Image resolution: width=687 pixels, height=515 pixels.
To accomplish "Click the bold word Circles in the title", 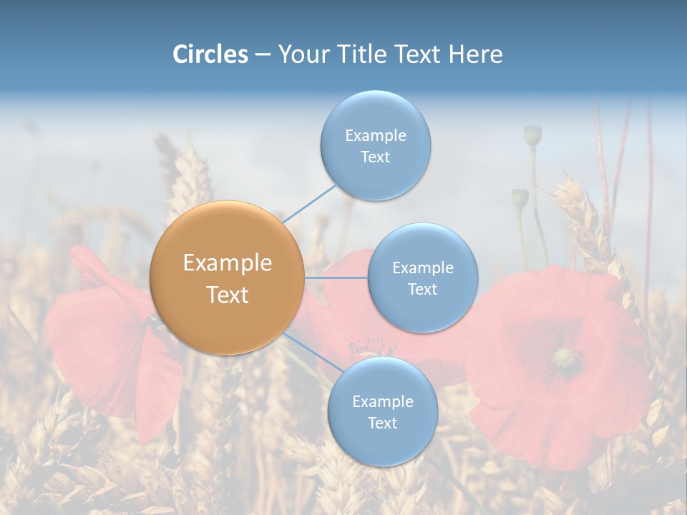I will tap(210, 54).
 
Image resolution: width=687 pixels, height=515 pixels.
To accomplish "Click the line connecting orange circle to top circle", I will tap(309, 204).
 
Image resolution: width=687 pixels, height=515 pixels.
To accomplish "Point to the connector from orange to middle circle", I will tap(336, 277).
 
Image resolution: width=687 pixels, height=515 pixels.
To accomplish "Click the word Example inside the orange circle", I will tap(228, 263).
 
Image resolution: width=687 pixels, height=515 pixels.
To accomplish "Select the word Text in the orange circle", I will tap(228, 295).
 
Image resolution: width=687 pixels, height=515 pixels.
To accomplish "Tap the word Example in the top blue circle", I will tap(376, 135).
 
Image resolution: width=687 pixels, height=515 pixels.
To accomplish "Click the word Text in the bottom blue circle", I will tap(382, 423).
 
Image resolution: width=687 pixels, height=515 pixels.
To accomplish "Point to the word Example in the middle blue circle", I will tap(422, 268).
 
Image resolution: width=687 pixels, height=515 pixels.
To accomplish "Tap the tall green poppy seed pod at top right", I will tap(532, 134).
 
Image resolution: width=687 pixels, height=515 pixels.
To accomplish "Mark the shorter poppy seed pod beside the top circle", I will tap(520, 198).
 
